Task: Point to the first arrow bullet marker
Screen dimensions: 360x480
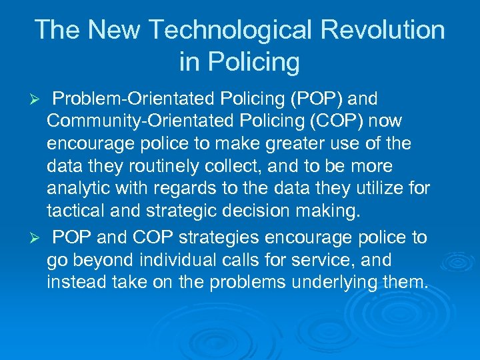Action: [39, 100]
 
